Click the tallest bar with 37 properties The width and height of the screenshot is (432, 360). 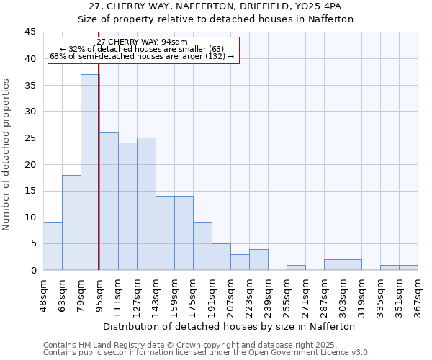point(90,172)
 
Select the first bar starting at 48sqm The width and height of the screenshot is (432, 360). point(53,246)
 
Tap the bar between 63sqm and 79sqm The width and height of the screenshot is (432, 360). point(71,222)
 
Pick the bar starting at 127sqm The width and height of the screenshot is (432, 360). point(146,204)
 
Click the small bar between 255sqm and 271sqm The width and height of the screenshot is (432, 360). point(296,267)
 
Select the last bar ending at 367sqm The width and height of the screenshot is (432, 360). point(408,267)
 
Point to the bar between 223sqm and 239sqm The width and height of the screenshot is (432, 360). point(258,259)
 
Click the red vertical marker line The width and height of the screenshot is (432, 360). point(98,180)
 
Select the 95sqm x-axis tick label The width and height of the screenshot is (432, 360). point(99,294)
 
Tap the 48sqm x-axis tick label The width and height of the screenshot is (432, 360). point(43,294)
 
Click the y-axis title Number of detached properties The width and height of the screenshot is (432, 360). point(7,155)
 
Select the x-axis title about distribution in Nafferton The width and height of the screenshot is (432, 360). point(230,326)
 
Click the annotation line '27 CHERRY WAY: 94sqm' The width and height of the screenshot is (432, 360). point(142,42)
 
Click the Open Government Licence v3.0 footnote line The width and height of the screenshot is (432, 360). point(207,352)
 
